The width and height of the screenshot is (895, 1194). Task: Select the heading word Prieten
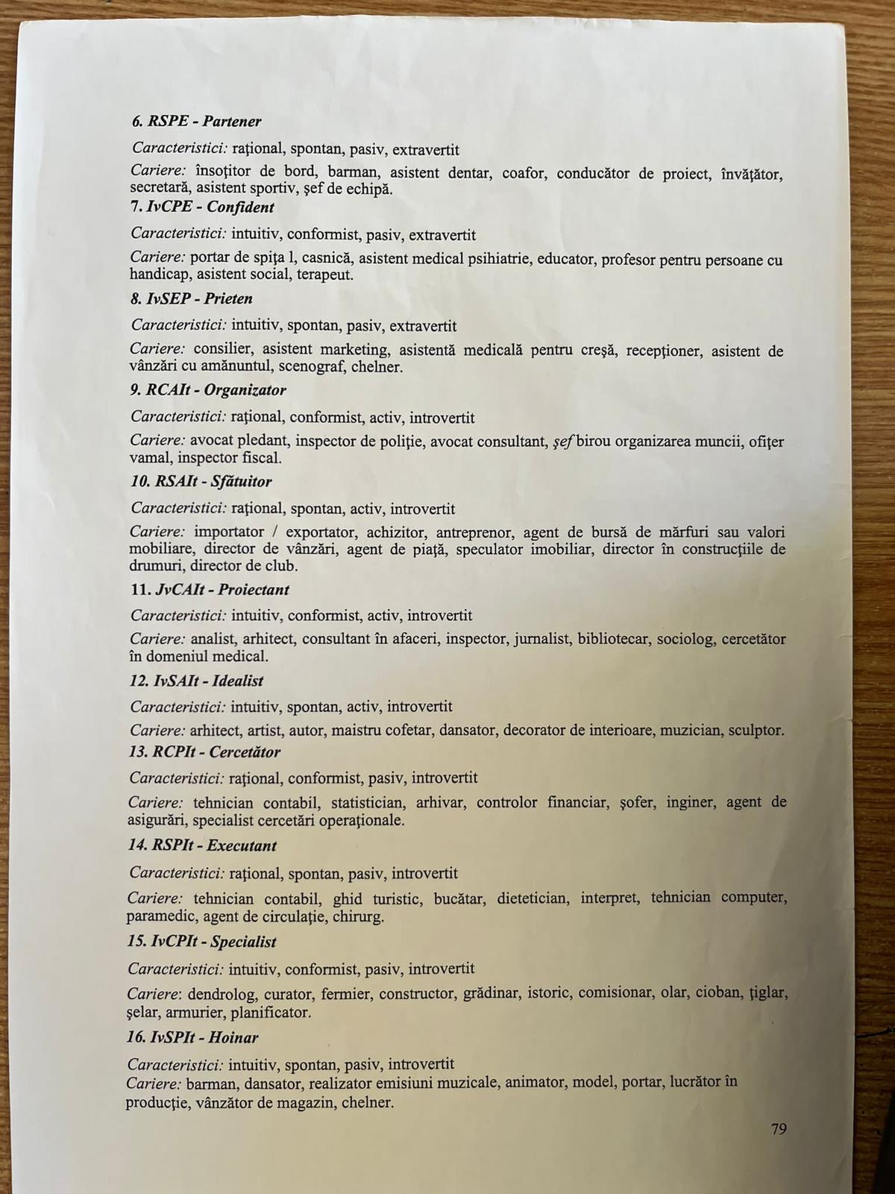point(228,298)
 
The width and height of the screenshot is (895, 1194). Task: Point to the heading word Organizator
point(245,390)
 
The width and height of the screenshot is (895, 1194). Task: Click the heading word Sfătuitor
point(241,481)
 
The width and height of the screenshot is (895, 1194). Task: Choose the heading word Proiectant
point(254,590)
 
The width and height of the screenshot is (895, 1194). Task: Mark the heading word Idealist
point(237,681)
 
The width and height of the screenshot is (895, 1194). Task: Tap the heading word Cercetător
point(245,751)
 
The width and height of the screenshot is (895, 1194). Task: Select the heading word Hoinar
point(233,1037)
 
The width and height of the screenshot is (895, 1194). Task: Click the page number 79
point(778,1129)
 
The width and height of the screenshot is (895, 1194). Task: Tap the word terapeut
point(326,275)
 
